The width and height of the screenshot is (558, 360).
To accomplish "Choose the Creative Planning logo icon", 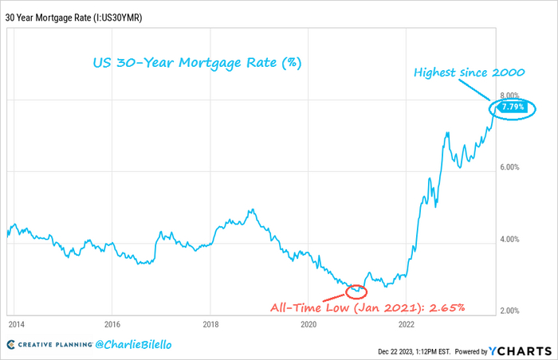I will tap(12, 344).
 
